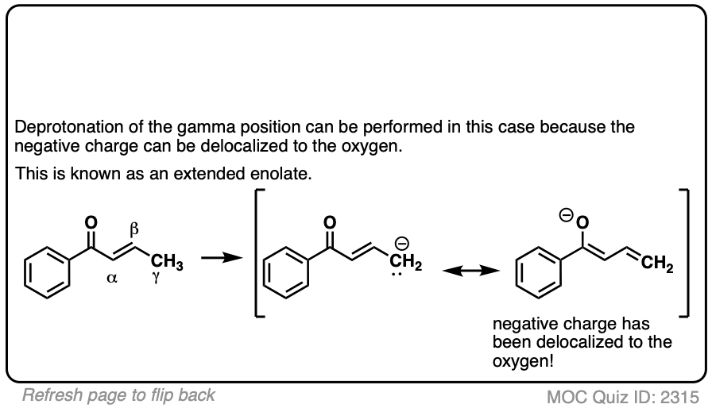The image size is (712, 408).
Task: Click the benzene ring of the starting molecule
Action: click(x=47, y=272)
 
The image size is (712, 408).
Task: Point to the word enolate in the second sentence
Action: click(x=282, y=173)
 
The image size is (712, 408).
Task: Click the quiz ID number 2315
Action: click(x=682, y=395)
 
